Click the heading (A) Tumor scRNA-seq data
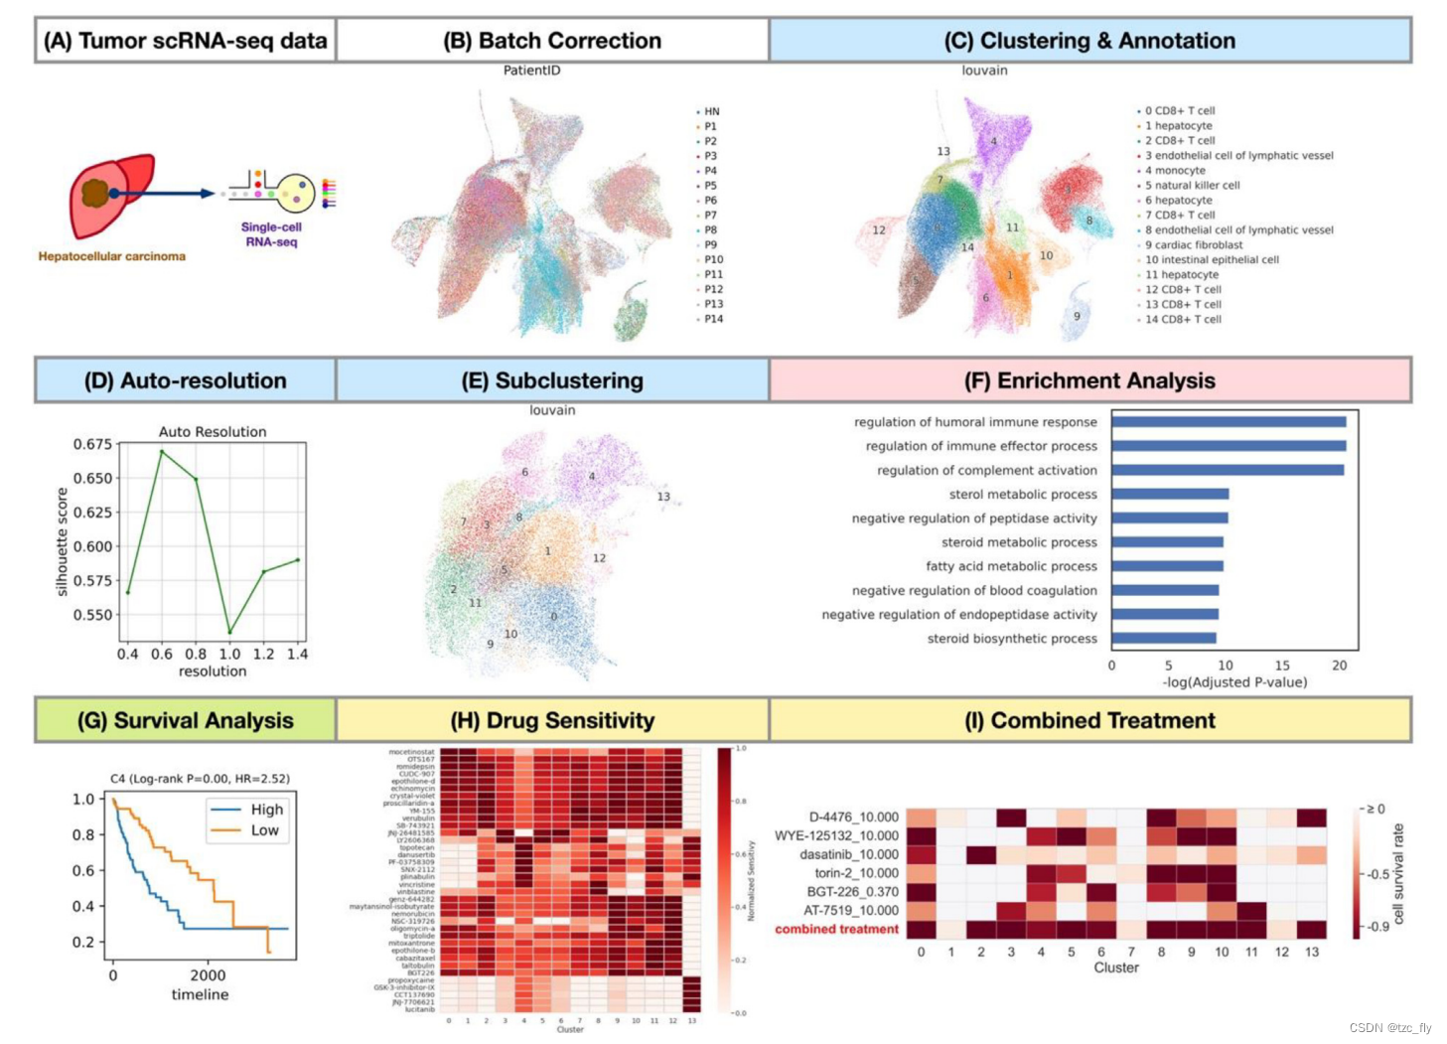point(185,41)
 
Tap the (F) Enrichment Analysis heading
point(1089,380)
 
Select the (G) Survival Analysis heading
point(185,721)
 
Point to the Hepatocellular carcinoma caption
point(111,256)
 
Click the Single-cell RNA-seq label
point(271,234)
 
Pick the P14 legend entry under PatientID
point(712,319)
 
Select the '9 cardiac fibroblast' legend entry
point(1193,244)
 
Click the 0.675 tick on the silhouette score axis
point(92,444)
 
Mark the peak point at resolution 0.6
point(162,452)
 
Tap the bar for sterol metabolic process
point(1170,494)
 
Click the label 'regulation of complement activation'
point(986,470)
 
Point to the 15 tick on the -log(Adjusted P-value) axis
point(1282,666)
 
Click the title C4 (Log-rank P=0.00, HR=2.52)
point(200,779)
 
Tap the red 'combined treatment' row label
point(836,930)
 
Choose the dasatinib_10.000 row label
point(849,854)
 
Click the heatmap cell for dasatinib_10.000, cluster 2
point(981,854)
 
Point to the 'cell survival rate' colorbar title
point(1398,873)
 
